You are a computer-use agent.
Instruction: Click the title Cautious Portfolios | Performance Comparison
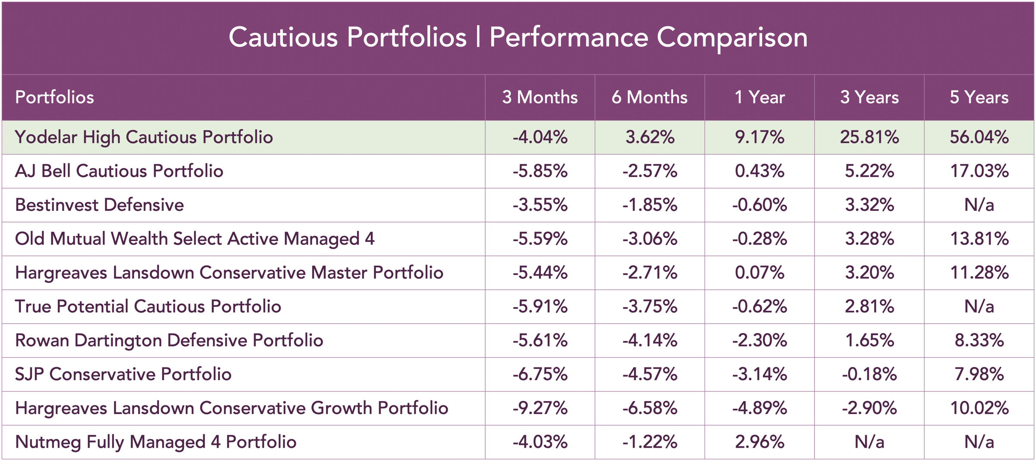[x=518, y=37]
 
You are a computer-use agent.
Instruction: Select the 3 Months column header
[x=540, y=97]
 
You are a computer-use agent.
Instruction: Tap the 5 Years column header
[x=979, y=97]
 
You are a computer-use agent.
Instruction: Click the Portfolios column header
[x=54, y=97]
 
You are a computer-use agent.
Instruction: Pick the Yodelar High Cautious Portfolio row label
[x=144, y=137]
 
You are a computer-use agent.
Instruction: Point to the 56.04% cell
[x=979, y=137]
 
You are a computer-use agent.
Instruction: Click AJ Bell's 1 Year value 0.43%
[x=759, y=171]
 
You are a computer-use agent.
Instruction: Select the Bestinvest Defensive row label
[x=99, y=205]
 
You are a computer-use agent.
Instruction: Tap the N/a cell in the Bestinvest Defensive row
[x=979, y=205]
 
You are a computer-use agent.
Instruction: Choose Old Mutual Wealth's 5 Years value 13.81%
[x=979, y=239]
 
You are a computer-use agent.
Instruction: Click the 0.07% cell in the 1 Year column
[x=759, y=273]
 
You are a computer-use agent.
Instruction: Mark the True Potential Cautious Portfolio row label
[x=148, y=306]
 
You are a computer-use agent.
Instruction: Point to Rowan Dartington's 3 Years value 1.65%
[x=869, y=340]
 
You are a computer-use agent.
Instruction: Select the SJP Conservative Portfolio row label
[x=123, y=374]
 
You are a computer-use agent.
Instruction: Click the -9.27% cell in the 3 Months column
[x=540, y=408]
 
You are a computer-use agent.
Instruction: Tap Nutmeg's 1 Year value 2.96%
[x=759, y=442]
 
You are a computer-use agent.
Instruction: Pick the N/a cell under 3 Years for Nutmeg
[x=869, y=442]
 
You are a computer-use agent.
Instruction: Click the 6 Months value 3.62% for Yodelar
[x=650, y=137]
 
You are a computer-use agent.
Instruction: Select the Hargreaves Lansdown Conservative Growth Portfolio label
[x=231, y=408]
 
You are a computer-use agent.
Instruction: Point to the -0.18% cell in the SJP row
[x=869, y=374]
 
